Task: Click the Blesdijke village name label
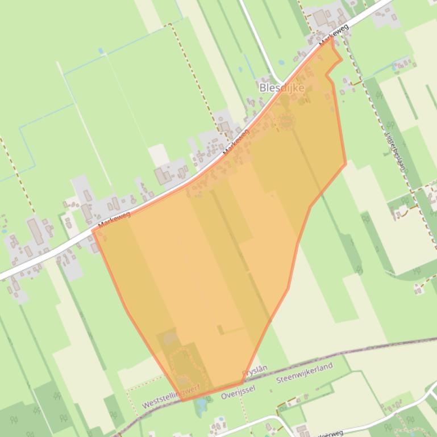click(x=281, y=87)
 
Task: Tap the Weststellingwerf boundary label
click(x=171, y=398)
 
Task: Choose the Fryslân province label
click(x=254, y=372)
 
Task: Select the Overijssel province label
click(x=239, y=390)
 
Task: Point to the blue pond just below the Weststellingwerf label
click(x=199, y=405)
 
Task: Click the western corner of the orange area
click(x=93, y=230)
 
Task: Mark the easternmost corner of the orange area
click(x=346, y=164)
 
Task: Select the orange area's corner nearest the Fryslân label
click(x=243, y=384)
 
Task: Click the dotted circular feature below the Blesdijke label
click(x=285, y=121)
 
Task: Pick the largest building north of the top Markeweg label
click(x=321, y=18)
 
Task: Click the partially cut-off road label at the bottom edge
click(x=330, y=433)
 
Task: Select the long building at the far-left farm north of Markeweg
click(x=35, y=231)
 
